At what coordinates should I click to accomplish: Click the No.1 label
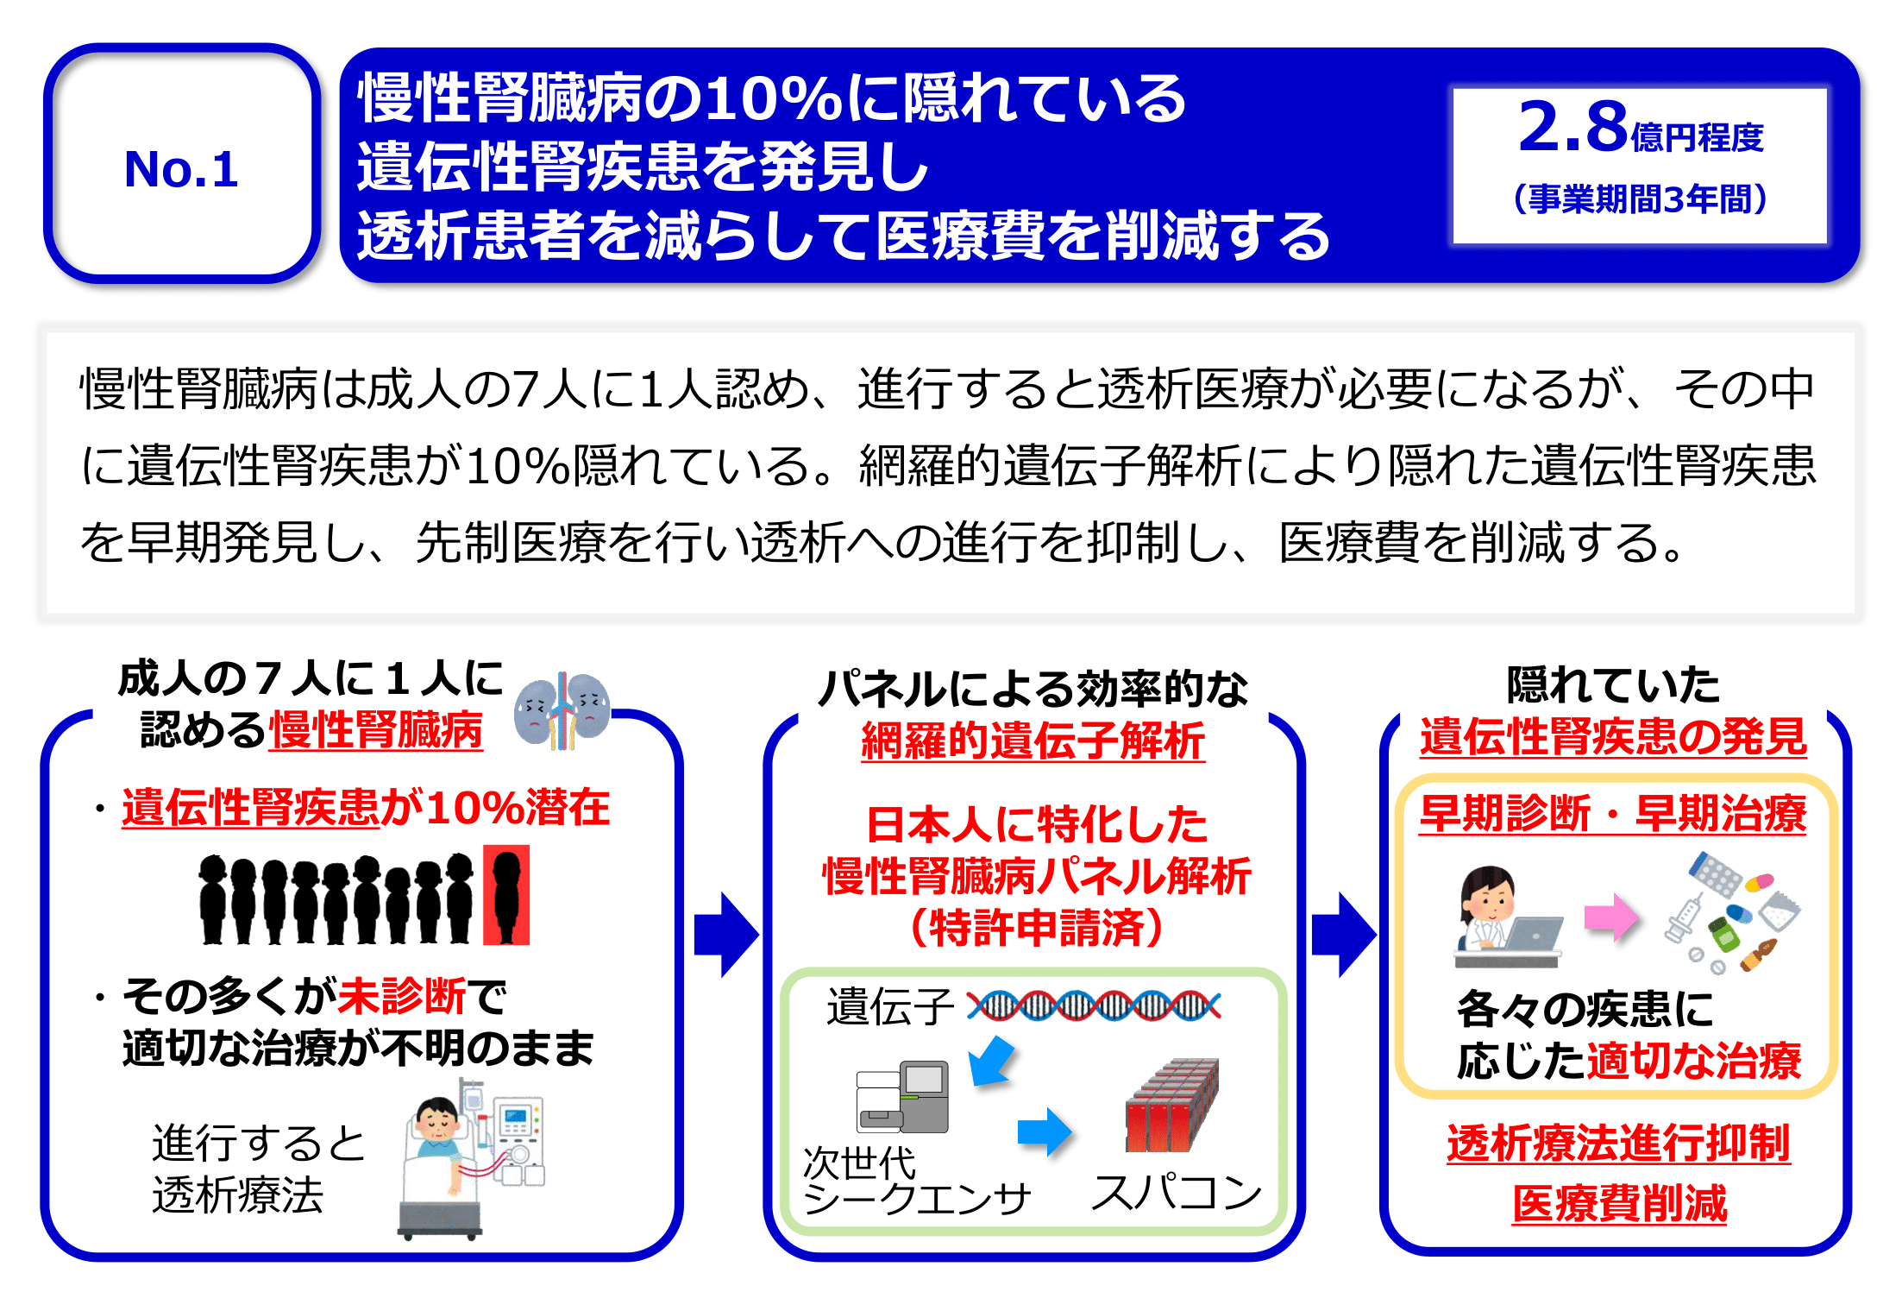tap(180, 168)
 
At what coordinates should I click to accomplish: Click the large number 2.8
tap(1572, 127)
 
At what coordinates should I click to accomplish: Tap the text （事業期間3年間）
tap(1640, 199)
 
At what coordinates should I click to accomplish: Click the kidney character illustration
tap(562, 709)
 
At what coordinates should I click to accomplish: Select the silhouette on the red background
tap(506, 895)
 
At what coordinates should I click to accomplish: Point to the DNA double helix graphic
tap(1093, 1005)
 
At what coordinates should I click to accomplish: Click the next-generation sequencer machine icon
tap(902, 1097)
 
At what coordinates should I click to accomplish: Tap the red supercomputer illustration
tap(1171, 1106)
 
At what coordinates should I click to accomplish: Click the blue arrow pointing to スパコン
tap(1044, 1131)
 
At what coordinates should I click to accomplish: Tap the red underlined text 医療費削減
tap(1619, 1203)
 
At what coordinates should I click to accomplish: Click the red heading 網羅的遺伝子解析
tap(1033, 741)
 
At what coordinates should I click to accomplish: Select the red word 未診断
tap(401, 996)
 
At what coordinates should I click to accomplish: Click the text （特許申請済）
tap(1036, 929)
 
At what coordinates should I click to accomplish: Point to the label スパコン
tap(1176, 1193)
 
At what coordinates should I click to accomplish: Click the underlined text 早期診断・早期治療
tap(1612, 813)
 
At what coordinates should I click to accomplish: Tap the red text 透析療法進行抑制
tap(1618, 1144)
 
